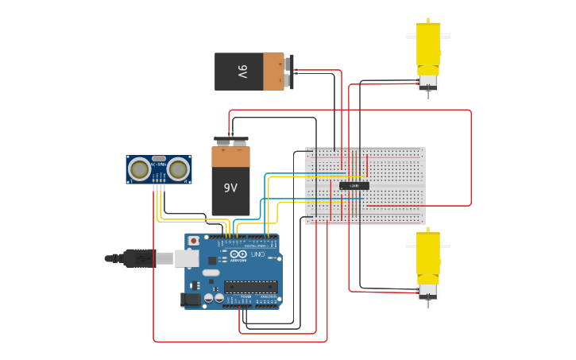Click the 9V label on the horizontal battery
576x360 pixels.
(x=242, y=72)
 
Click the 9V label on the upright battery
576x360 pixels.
(x=230, y=188)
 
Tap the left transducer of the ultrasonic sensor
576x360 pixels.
(x=140, y=168)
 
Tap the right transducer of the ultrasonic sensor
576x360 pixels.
(x=178, y=168)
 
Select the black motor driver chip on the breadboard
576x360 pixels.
(x=354, y=186)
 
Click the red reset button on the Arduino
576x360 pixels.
(x=193, y=240)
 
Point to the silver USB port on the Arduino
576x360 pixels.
(x=187, y=258)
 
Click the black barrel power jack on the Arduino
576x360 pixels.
(x=191, y=300)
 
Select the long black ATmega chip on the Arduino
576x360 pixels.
(x=250, y=287)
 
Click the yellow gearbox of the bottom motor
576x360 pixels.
(x=428, y=256)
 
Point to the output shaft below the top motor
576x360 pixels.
(x=428, y=95)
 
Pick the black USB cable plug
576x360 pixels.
(x=139, y=258)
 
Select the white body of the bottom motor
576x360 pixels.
(x=428, y=290)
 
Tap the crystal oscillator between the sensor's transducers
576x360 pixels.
(x=159, y=159)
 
